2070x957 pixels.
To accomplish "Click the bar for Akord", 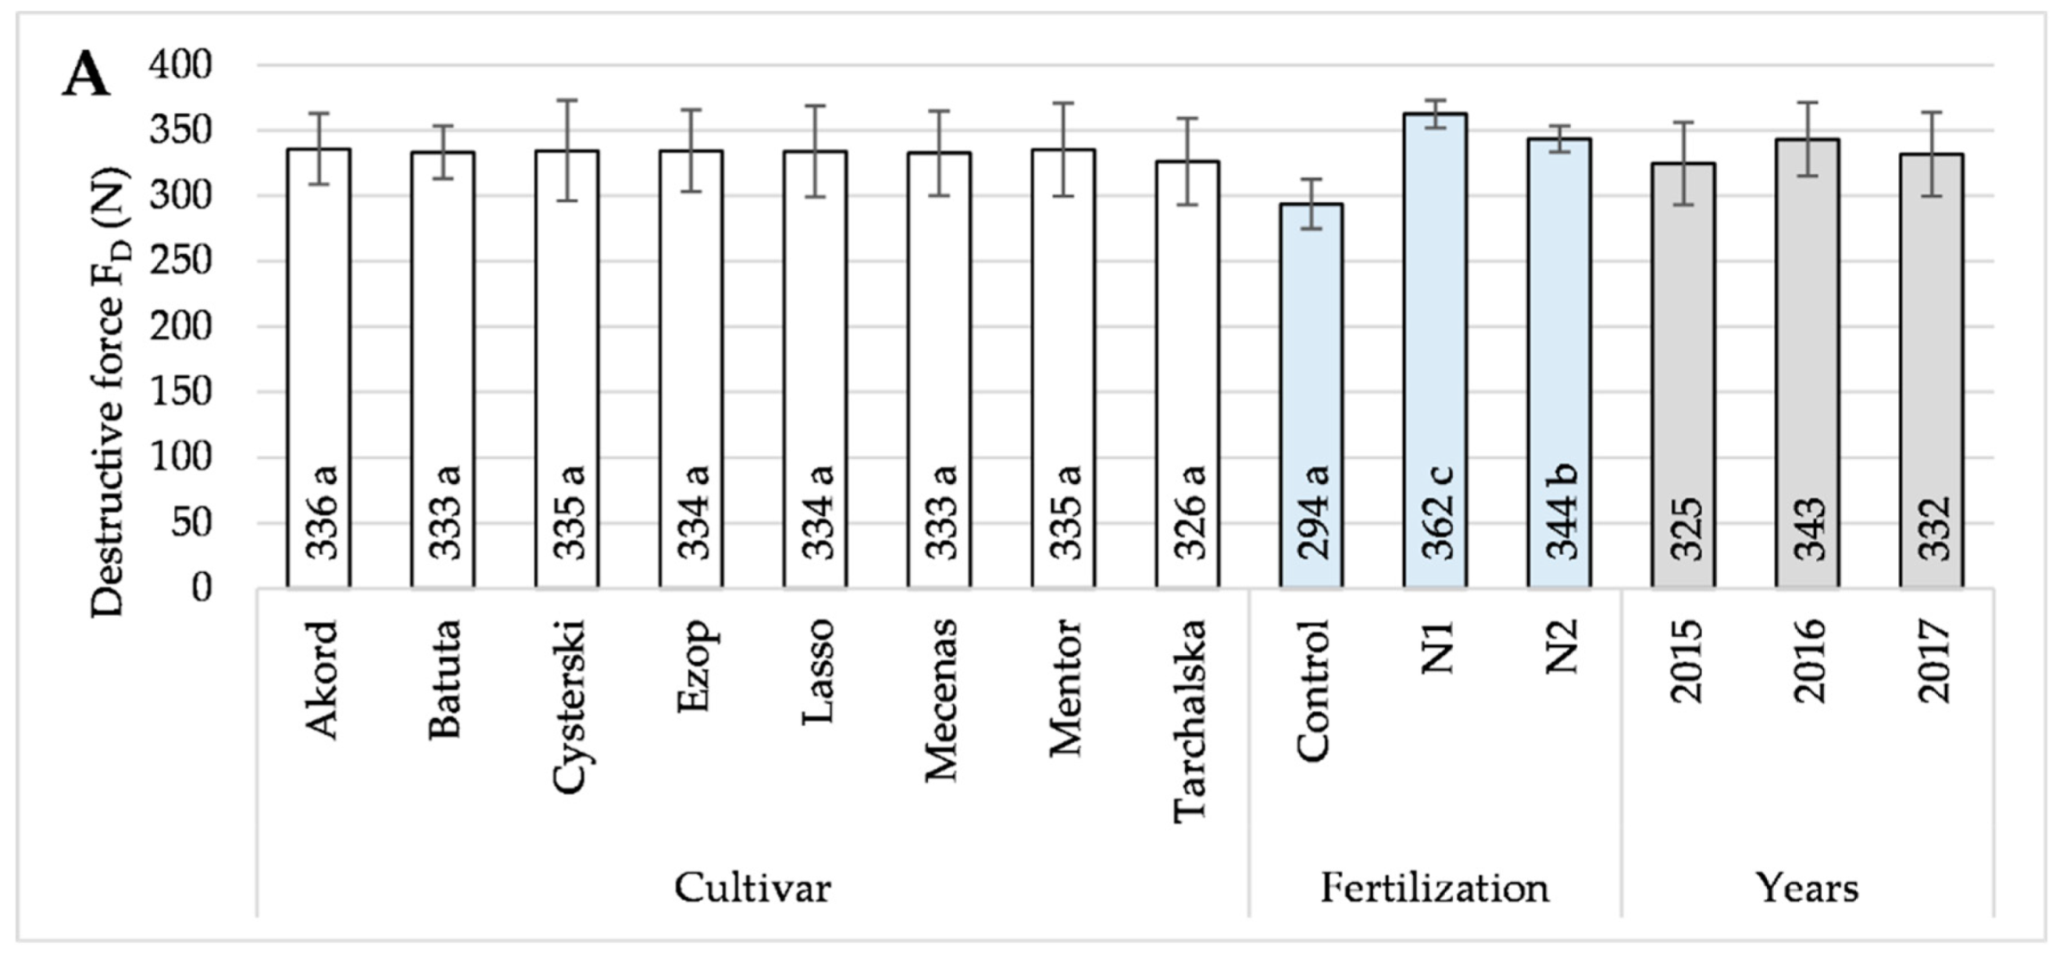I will [318, 367].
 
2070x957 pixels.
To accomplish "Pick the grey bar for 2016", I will [1808, 363].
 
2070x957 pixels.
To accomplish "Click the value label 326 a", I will [1188, 512].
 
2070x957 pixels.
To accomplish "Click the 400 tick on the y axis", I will [180, 65].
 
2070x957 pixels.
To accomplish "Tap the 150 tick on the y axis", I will [180, 392].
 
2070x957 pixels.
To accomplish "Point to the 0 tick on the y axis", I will [201, 588].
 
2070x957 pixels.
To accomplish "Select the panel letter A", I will [86, 75].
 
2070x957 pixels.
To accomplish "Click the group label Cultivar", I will [752, 887].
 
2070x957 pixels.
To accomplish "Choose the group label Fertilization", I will [1434, 887].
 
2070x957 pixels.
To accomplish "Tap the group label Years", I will [1807, 887].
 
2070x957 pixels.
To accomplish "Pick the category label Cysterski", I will [568, 706].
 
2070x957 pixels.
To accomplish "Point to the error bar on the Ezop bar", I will [691, 150].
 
